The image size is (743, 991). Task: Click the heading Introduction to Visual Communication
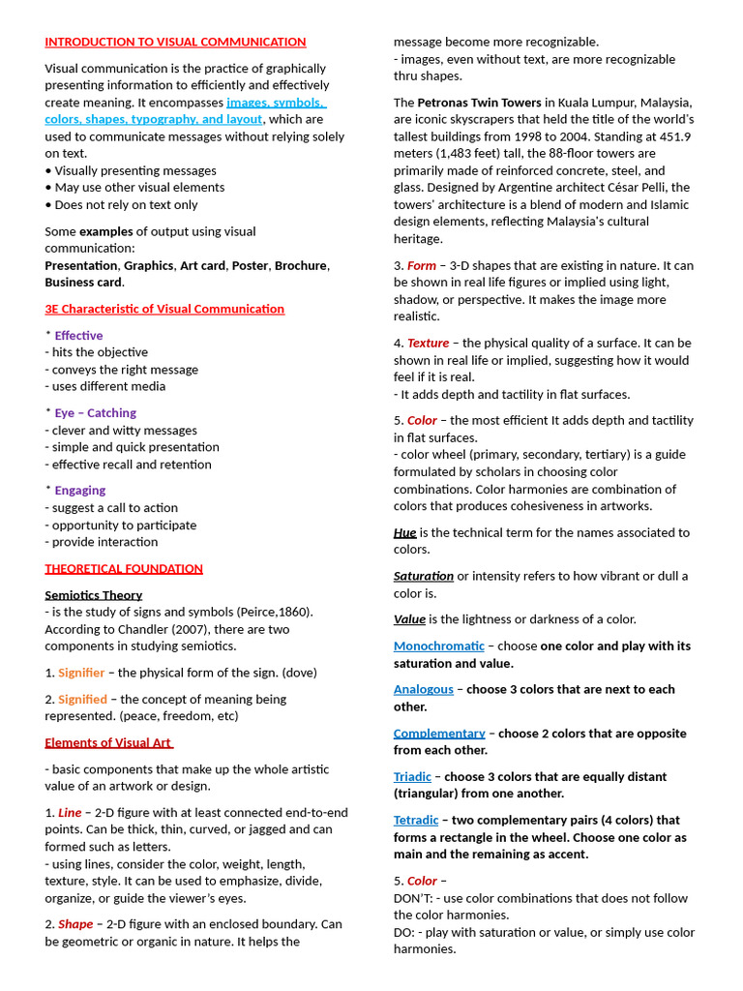tap(175, 43)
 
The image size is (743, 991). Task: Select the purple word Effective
tap(78, 336)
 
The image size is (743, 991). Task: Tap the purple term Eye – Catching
tap(95, 413)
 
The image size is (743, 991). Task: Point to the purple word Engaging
tap(80, 491)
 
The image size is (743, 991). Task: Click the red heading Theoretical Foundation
tap(124, 569)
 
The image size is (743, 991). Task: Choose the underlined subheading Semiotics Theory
tap(93, 595)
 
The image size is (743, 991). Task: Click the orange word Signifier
tap(82, 673)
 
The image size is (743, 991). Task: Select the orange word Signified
tap(82, 699)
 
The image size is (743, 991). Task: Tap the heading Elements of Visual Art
tap(108, 743)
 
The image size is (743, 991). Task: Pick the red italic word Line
tap(70, 813)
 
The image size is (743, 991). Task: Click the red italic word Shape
tap(75, 924)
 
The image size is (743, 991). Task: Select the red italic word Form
tap(422, 266)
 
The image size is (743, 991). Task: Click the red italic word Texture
tap(428, 344)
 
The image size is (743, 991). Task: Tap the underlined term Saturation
tap(424, 576)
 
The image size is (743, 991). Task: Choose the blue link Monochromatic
tap(439, 646)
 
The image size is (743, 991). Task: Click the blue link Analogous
tap(424, 690)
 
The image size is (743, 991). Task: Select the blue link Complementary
tap(439, 734)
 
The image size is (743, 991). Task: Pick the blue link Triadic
tap(413, 777)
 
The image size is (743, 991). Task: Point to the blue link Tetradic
tap(416, 821)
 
